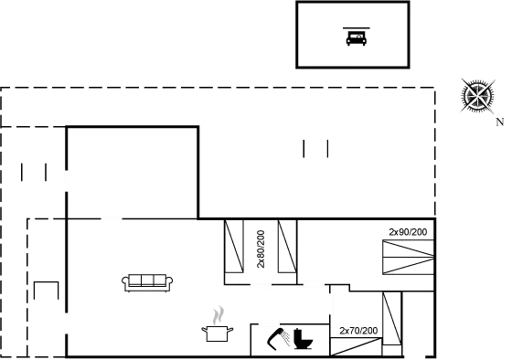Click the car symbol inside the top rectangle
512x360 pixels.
pyautogui.click(x=354, y=37)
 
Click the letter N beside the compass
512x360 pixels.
pyautogui.click(x=498, y=121)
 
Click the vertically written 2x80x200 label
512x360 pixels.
pyautogui.click(x=261, y=248)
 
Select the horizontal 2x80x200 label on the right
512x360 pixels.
pyautogui.click(x=407, y=232)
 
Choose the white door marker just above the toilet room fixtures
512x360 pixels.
pyautogui.click(x=269, y=323)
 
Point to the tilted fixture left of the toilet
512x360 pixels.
pyautogui.click(x=275, y=341)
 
